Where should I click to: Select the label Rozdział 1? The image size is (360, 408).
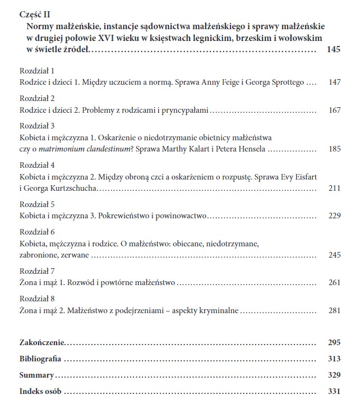click(37, 72)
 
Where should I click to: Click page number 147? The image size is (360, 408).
click(334, 82)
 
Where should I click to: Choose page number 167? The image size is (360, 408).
click(334, 111)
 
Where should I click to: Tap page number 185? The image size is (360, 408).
click(334, 149)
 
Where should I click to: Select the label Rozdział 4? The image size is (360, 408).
click(37, 166)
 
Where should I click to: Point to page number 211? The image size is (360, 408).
click(334, 187)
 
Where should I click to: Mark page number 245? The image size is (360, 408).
click(334, 254)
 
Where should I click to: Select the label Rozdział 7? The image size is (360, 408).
click(37, 271)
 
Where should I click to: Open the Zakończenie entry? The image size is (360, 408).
click(42, 342)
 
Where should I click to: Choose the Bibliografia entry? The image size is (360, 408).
click(40, 359)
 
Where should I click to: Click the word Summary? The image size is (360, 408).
click(36, 375)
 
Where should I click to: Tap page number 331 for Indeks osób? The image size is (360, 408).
click(334, 391)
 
